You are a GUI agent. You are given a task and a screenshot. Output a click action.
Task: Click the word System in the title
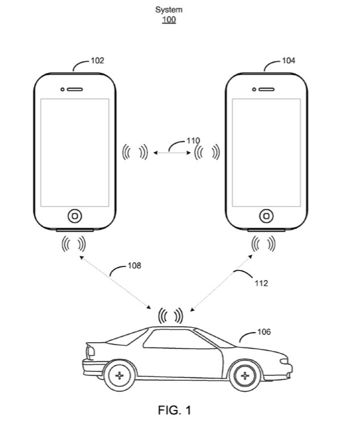168,10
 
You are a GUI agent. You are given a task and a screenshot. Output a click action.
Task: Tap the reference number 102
97,60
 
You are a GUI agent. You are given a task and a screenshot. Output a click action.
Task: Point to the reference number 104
288,60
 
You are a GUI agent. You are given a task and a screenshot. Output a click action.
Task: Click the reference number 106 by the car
264,331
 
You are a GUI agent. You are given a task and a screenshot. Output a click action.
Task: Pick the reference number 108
135,265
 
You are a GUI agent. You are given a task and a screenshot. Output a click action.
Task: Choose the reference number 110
193,140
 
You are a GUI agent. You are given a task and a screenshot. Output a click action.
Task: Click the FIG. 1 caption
175,410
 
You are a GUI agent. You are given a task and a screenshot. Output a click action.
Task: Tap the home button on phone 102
75,216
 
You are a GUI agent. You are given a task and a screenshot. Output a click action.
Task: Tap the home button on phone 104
266,216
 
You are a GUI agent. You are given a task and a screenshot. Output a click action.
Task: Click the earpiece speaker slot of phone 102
76,89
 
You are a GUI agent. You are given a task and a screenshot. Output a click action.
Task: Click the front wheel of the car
245,375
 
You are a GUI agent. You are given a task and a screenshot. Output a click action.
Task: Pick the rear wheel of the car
119,375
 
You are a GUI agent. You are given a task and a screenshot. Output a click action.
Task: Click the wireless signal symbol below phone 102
74,245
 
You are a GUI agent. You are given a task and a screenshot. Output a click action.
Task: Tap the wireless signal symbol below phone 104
264,245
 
